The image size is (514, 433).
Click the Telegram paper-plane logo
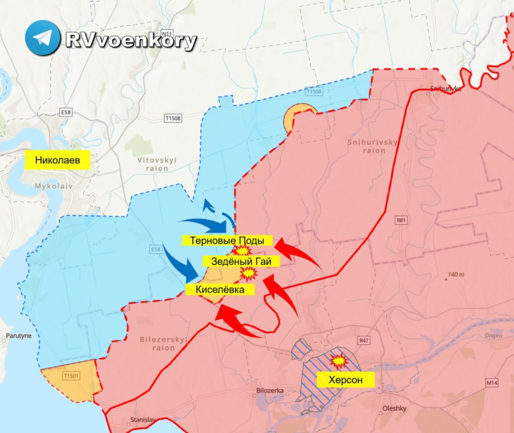(x=42, y=37)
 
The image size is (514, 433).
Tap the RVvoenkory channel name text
(x=130, y=40)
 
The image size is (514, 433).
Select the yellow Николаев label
(x=58, y=160)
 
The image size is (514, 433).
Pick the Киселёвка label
(x=219, y=290)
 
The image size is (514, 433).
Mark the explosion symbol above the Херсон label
(x=339, y=360)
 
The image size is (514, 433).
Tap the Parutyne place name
(x=18, y=336)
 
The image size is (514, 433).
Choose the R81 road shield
(x=401, y=220)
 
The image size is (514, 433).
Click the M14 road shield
(x=491, y=383)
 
